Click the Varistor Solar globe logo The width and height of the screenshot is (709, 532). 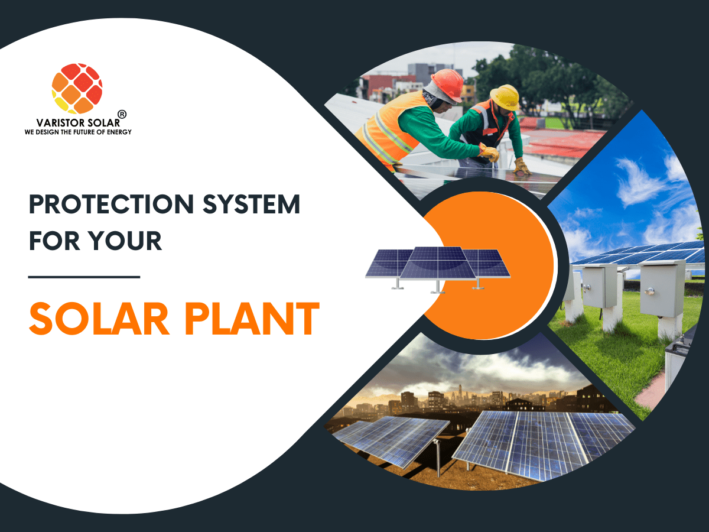click(77, 89)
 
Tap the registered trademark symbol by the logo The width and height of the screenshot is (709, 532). click(122, 114)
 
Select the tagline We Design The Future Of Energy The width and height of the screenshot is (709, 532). click(78, 132)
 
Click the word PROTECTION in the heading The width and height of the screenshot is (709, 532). click(112, 204)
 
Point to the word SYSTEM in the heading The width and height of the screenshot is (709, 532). click(251, 204)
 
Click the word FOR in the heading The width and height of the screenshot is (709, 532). click(54, 241)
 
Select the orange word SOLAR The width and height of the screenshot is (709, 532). click(99, 319)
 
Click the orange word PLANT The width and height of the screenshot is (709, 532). click(252, 319)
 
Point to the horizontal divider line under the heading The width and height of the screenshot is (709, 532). click(84, 277)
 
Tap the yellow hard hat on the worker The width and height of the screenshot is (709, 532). click(505, 97)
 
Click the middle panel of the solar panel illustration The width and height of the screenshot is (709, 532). click(438, 263)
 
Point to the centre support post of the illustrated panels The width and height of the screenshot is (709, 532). click(438, 286)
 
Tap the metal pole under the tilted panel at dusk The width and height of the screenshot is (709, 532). click(438, 458)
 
